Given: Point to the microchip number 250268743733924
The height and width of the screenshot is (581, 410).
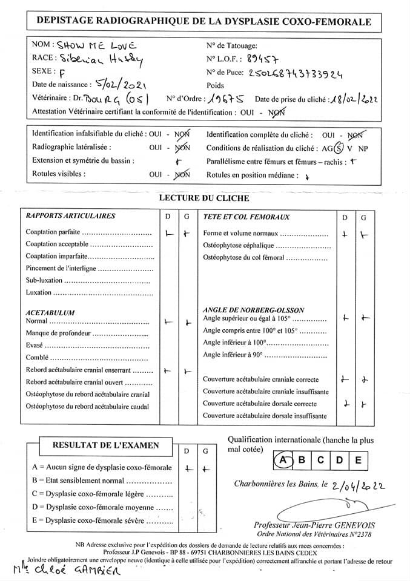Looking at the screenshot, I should (296, 73).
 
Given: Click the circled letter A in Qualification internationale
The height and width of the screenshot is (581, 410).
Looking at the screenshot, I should (282, 460).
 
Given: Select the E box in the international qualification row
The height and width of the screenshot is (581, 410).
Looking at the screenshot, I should (359, 460).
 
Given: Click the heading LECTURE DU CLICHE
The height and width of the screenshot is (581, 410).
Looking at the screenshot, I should (203, 198).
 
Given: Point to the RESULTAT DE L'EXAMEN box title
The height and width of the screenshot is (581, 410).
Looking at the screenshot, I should (106, 445).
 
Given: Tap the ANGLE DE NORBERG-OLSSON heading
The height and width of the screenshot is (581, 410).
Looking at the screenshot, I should (254, 310).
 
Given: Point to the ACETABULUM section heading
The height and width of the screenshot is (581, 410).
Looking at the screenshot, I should (50, 312).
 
